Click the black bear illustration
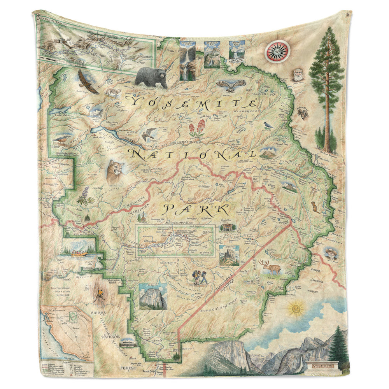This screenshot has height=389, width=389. (x=151, y=76)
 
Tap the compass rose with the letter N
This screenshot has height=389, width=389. (x=277, y=51)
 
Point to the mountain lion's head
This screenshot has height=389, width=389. (x=116, y=172)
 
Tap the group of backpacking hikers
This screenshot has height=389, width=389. (x=199, y=277)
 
